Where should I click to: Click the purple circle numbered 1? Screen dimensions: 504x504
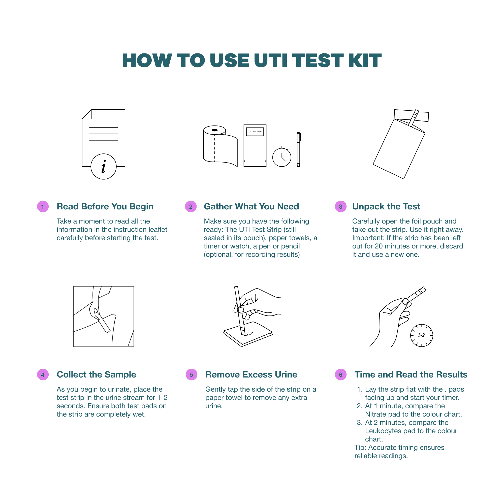pyautogui.click(x=43, y=207)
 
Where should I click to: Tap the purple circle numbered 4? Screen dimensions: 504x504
pyautogui.click(x=43, y=375)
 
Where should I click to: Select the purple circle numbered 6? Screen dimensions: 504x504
pyautogui.click(x=340, y=375)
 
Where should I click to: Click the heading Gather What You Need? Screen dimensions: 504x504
pyautogui.click(x=251, y=206)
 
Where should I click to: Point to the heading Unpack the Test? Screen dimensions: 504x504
pyautogui.click(x=386, y=206)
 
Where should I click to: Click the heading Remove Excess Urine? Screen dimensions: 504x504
pyautogui.click(x=251, y=374)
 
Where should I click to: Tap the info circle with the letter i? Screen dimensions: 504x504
pyautogui.click(x=104, y=166)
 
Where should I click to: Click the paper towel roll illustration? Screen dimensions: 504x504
pyautogui.click(x=220, y=146)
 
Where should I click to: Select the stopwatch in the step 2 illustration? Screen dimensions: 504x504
pyautogui.click(x=282, y=156)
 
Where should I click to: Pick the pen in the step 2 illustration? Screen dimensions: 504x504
pyautogui.click(x=298, y=149)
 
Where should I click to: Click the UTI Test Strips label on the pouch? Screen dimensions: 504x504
pyautogui.click(x=255, y=132)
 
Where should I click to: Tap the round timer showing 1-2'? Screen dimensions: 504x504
pyautogui.click(x=422, y=335)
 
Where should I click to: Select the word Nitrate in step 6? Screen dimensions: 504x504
pyautogui.click(x=376, y=414)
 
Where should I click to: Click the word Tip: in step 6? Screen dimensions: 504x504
pyautogui.click(x=361, y=448)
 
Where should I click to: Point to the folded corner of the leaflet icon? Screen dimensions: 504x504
pyautogui.click(x=87, y=114)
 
